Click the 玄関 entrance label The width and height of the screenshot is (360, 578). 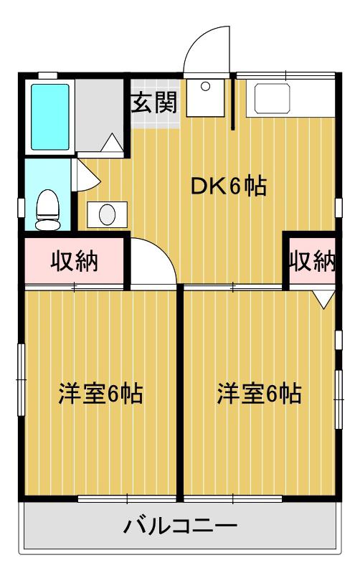[155, 102]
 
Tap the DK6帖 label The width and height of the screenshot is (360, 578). [229, 186]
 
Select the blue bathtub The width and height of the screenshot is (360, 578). [50, 117]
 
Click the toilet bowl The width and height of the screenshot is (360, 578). [48, 210]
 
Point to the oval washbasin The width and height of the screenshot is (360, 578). [108, 214]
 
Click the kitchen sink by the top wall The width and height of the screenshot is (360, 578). [273, 98]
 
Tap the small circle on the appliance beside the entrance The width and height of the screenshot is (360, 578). [206, 87]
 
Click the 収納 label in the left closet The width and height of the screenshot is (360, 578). [75, 261]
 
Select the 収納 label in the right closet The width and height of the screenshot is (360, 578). [313, 261]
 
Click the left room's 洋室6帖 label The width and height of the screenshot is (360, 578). [100, 393]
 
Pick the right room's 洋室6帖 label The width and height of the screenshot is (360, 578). [259, 393]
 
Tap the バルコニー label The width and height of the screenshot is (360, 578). [180, 526]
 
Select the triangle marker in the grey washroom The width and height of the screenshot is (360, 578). [112, 143]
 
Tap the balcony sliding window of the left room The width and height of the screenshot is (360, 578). [127, 499]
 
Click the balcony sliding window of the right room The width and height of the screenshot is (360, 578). [233, 499]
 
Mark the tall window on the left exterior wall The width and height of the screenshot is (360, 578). [22, 379]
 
